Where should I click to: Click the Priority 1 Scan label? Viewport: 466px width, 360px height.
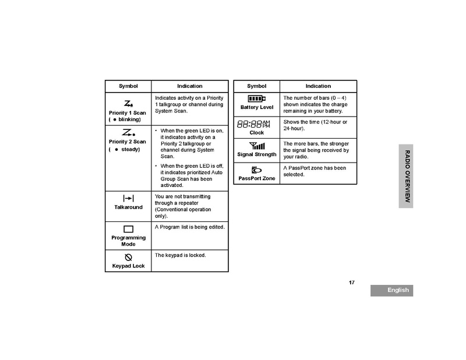tap(128, 112)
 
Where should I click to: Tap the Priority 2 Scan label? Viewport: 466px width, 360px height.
tap(128, 142)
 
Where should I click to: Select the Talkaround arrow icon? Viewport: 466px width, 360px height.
tap(128, 199)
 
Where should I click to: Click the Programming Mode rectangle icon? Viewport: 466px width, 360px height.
tap(128, 229)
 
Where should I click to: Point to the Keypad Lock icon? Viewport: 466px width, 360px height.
tap(128, 257)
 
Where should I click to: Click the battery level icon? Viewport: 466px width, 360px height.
tap(256, 98)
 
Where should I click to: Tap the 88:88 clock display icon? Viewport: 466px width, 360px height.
tap(253, 124)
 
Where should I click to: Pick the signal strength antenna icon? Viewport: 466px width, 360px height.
tap(256, 146)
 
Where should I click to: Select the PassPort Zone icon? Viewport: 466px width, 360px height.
tap(256, 170)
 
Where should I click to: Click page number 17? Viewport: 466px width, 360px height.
tap(352, 283)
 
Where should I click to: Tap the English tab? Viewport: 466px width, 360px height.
tap(391, 290)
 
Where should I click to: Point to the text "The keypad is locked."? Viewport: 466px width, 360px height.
tap(181, 255)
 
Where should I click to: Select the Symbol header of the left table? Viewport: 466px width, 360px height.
tap(128, 86)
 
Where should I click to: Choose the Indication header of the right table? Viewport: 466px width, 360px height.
tap(318, 86)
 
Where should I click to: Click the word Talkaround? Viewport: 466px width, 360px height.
tap(128, 207)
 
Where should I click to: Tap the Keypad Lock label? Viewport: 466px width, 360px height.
tap(128, 266)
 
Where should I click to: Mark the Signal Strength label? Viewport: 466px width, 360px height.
tap(256, 154)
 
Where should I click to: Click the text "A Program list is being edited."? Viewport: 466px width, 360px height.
tap(190, 227)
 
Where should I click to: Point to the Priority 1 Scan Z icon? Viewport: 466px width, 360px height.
tap(128, 103)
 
